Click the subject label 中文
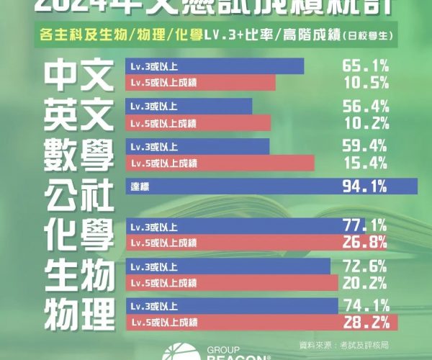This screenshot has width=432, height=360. (77, 74)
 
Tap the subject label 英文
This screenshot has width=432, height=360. (77, 114)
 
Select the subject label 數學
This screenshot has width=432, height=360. (77, 154)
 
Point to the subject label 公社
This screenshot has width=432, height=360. (77, 194)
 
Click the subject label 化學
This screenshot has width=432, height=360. (77, 233)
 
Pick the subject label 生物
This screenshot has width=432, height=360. (77, 274)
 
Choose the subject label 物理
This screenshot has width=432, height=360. (77, 312)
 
